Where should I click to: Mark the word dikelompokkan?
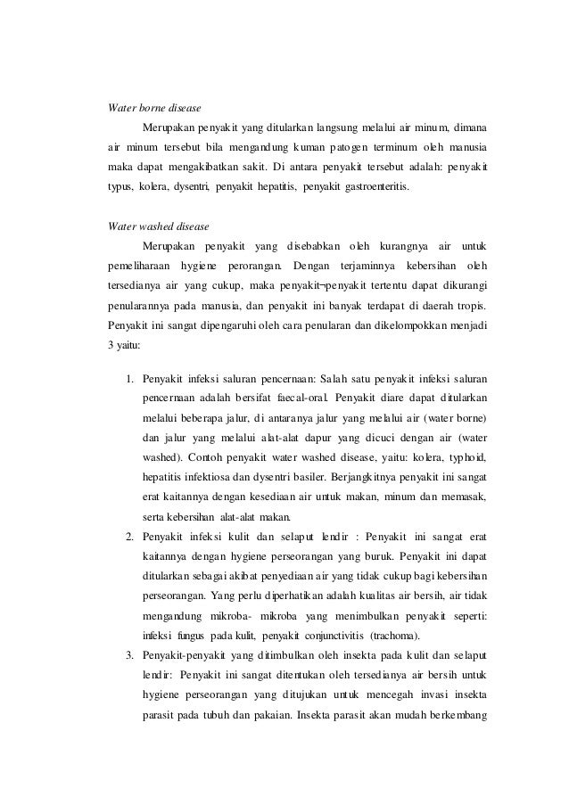(400, 324)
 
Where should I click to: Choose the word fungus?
(189, 635)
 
